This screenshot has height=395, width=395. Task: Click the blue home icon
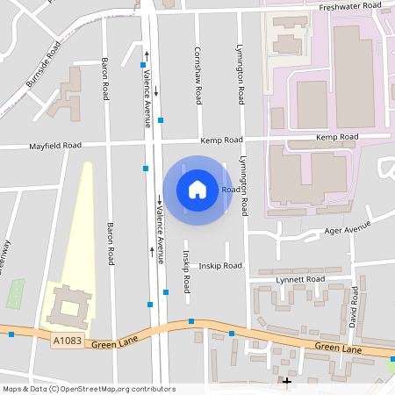tap(197, 189)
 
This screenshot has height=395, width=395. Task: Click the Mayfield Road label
tap(55, 146)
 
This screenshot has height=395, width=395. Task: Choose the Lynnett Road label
tap(300, 279)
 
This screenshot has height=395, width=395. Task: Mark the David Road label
tap(354, 306)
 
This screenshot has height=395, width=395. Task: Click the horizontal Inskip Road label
tap(219, 265)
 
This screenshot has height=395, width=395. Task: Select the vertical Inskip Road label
tap(186, 273)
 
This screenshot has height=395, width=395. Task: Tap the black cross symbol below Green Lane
tap(287, 381)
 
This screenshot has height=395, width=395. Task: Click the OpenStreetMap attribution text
tap(89, 389)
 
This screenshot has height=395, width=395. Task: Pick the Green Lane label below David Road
tap(338, 348)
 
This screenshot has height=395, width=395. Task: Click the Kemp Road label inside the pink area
tap(338, 138)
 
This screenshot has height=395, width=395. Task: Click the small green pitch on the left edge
tap(15, 293)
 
